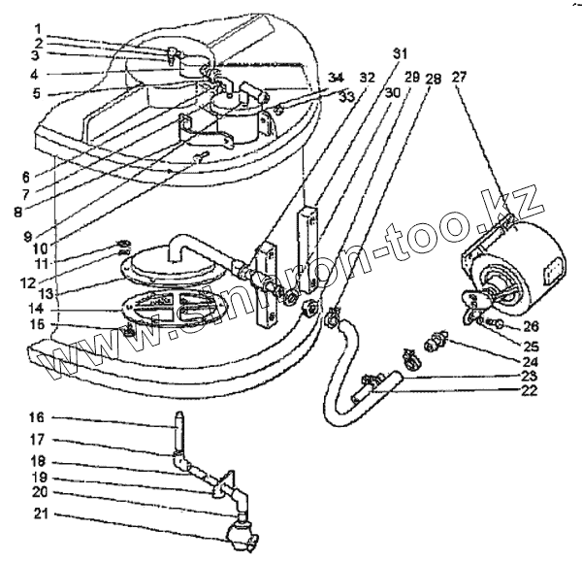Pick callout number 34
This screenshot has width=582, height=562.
pos(335,77)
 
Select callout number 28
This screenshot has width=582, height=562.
pos(433,77)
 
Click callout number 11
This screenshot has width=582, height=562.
pos(36,263)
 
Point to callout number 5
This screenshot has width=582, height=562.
pos(36,93)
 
